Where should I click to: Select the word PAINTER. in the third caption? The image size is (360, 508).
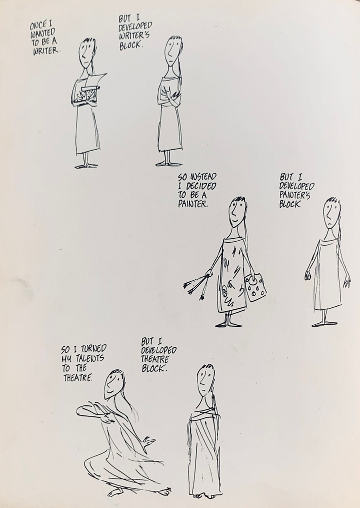tap(192, 204)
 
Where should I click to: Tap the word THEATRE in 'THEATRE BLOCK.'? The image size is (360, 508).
tap(154, 359)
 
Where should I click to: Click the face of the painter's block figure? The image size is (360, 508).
tap(331, 214)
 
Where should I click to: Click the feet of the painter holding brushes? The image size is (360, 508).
tap(229, 324)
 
